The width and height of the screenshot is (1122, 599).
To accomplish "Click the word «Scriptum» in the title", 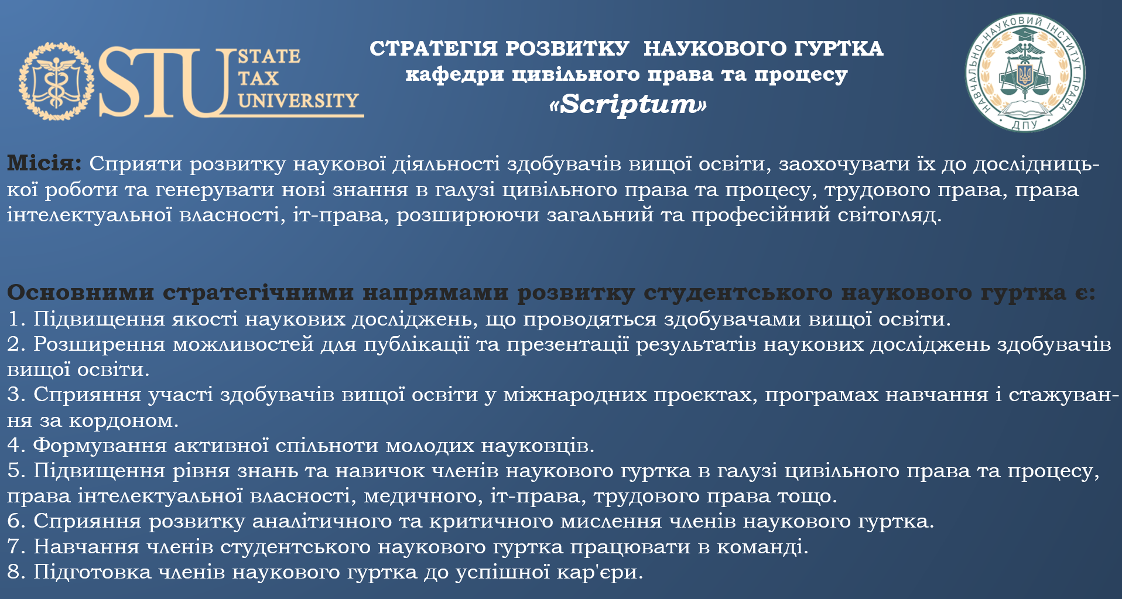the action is click(x=627, y=104).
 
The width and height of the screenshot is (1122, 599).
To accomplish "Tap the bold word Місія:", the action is click(x=45, y=163).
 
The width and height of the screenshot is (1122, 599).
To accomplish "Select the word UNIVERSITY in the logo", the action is click(x=298, y=101).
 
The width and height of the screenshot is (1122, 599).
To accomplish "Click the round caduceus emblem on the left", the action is click(x=56, y=81).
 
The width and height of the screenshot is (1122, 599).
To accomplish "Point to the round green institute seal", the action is click(x=1025, y=73).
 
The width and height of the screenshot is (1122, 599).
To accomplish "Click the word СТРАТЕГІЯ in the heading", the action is click(x=434, y=49).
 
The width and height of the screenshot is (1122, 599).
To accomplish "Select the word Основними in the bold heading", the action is click(x=81, y=292).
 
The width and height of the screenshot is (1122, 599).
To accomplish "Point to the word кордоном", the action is click(x=124, y=421).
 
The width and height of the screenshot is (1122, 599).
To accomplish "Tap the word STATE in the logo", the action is click(x=269, y=56).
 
